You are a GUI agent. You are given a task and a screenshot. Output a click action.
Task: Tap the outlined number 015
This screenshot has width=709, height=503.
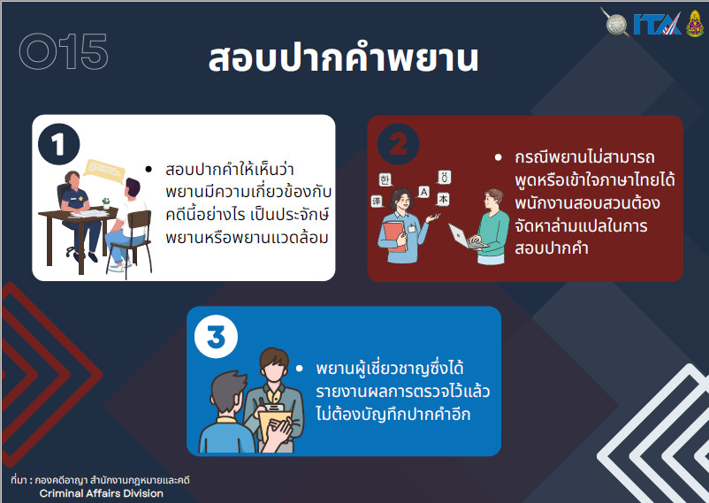(64, 51)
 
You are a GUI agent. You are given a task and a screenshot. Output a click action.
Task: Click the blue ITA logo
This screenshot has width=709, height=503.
(657, 25)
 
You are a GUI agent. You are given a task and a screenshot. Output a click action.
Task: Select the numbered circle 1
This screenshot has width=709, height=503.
(58, 144)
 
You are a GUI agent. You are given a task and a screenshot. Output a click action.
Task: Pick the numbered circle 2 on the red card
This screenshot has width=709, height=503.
(399, 144)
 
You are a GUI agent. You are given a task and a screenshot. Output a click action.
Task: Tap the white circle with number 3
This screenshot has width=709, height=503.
(216, 337)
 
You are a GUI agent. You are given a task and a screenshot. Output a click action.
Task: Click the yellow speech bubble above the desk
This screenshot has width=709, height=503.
(104, 170)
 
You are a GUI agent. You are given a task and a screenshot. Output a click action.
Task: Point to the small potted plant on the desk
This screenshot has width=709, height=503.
(106, 203)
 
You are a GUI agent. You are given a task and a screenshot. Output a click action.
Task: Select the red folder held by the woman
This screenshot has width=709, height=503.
(394, 236)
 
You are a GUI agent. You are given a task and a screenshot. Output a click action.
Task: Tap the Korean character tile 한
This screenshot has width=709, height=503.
(385, 180)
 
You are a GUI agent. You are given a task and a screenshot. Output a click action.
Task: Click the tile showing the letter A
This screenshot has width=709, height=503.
(423, 192)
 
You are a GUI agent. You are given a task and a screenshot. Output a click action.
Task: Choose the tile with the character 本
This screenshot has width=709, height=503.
(443, 199)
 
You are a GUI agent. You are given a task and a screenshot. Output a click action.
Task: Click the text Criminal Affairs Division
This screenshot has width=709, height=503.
(102, 493)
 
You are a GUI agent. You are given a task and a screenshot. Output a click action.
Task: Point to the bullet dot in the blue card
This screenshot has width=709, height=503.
(300, 369)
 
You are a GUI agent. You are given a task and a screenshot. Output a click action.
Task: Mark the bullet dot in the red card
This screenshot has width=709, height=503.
(499, 157)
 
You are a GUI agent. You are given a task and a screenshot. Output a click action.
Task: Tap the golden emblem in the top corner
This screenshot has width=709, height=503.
(695, 24)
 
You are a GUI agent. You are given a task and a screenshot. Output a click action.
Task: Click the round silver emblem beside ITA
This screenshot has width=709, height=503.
(616, 24)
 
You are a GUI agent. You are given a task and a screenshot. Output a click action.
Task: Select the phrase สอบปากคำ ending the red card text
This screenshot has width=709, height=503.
(551, 248)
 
